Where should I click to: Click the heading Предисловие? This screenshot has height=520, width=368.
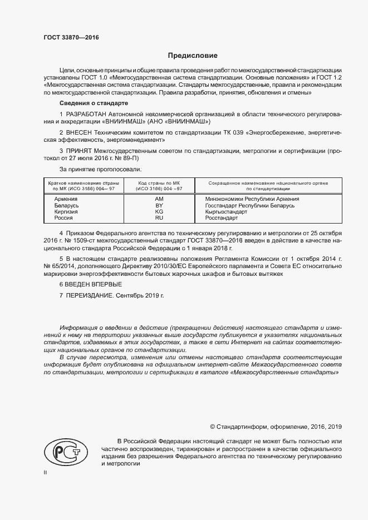pos(193,56)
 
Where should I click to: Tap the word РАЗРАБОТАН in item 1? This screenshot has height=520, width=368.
pos(90,114)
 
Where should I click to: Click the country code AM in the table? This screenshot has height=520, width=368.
pos(159,199)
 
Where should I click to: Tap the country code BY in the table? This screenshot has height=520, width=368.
pos(159,205)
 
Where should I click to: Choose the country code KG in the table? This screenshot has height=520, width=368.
pos(159,212)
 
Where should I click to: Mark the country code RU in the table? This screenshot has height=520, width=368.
pos(159,218)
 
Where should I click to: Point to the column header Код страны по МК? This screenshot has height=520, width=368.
pos(159,183)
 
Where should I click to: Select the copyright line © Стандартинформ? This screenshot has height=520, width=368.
pos(275,427)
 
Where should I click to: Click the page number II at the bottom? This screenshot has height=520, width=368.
pos(46,472)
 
